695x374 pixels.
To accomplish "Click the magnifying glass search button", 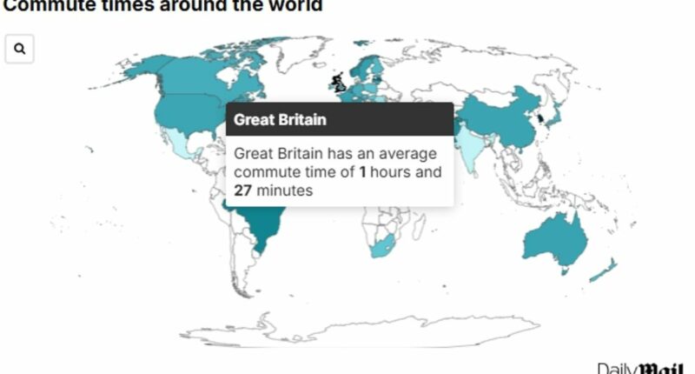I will (19, 50).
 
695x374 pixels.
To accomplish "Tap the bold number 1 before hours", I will (363, 172).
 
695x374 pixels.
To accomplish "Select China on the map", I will (504, 122).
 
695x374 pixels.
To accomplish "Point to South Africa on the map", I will (383, 248).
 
